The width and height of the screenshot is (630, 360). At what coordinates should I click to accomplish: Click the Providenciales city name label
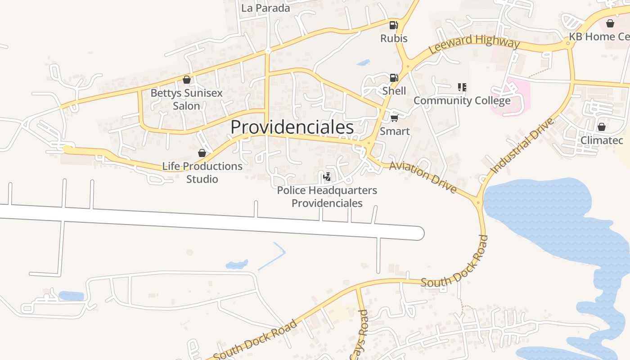coord(292,128)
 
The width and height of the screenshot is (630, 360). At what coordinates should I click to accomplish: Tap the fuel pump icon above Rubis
coord(393,25)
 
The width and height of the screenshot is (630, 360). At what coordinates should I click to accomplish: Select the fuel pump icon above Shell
coord(394,78)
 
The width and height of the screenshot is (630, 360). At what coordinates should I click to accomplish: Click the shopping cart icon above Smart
coord(394,118)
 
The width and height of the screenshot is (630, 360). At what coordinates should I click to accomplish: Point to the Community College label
coord(462,100)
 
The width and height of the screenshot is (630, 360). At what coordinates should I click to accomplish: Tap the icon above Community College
coord(462,87)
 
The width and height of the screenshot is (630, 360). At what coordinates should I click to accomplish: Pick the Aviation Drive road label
coord(423,177)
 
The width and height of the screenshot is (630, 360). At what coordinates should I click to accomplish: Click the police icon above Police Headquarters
coord(327,177)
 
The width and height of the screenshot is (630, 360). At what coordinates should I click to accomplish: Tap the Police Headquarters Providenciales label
coord(327,197)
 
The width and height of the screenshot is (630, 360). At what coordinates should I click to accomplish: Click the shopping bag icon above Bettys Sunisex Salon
coord(187,80)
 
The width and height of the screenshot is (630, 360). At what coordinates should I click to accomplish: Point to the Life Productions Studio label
coord(202,172)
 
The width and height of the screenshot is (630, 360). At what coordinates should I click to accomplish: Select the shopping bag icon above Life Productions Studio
coord(202,153)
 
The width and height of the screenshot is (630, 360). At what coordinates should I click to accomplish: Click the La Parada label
coord(265,8)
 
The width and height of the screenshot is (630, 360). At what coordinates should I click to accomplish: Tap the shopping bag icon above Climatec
coord(601,127)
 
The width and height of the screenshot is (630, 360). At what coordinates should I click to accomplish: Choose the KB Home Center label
coord(599,36)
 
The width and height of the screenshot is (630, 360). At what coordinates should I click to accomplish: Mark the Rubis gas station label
coord(394,38)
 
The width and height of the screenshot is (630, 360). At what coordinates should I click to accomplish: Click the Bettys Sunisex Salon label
coord(186,99)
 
